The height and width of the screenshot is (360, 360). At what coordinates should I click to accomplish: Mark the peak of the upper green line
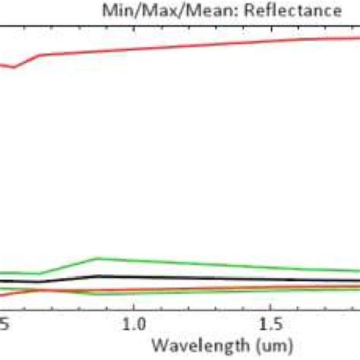point(96,258)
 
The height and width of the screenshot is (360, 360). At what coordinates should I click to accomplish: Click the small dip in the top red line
point(14,68)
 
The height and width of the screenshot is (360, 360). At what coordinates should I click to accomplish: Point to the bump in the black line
point(96,276)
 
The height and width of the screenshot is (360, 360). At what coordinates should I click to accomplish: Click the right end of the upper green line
point(358,271)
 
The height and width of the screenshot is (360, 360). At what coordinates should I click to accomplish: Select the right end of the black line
point(358,281)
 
